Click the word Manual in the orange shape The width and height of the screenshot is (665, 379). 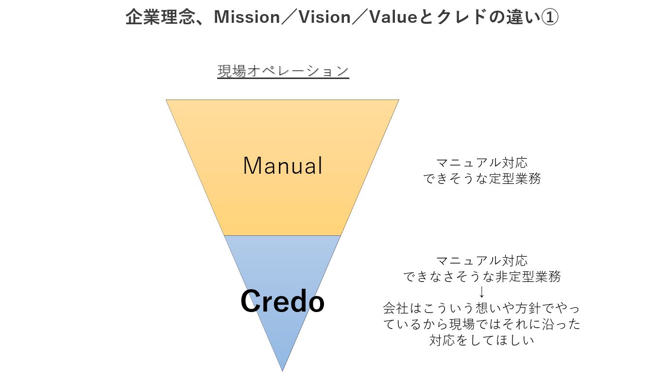click(283, 166)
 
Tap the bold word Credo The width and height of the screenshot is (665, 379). click(282, 301)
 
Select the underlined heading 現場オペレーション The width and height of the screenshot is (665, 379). click(283, 71)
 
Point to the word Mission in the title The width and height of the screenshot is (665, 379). click(247, 18)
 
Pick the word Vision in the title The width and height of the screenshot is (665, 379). click(324, 18)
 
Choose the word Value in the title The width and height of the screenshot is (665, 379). click(393, 18)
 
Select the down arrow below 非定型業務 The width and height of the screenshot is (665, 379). click(481, 292)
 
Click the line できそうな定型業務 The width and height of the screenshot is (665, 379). click(481, 179)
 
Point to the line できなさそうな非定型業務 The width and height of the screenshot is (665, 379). click(481, 277)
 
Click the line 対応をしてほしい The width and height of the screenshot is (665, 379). click(481, 340)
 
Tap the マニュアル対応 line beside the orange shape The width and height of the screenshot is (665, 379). click(481, 163)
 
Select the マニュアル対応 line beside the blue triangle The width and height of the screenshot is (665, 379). click(481, 261)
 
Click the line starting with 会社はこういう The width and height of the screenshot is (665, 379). click(481, 308)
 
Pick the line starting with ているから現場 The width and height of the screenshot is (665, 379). click(481, 324)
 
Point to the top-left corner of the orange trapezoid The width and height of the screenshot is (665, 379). click(167, 100)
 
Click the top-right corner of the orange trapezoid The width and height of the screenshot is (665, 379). click(398, 100)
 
